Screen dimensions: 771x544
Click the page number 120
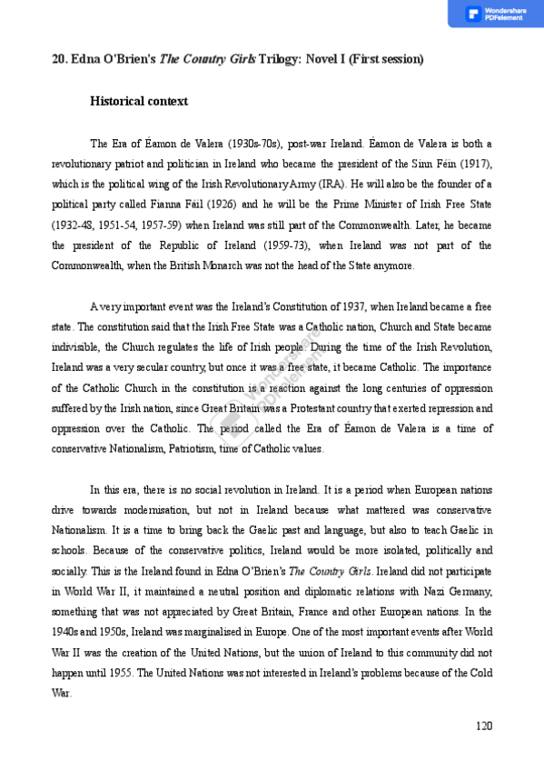coord(483,726)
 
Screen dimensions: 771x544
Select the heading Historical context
coord(139,101)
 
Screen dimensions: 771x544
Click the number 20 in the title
coord(58,59)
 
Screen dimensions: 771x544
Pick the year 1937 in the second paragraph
coord(354,306)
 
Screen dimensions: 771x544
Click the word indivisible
coord(74,347)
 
